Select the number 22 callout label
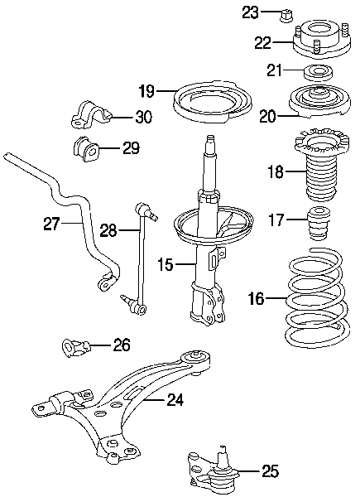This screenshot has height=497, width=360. tap(263, 42)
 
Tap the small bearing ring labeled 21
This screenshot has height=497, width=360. tap(318, 74)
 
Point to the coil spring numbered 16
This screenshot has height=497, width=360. tap(318, 298)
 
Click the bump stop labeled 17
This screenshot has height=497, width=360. tap(319, 223)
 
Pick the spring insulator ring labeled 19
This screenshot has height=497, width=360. tap(213, 102)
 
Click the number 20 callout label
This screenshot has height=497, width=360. tap(268, 117)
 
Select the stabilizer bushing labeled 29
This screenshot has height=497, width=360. tap(86, 148)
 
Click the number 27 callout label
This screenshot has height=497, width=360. tap(52, 224)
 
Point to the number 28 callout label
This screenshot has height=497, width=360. tap(108, 230)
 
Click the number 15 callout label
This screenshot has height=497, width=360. tap(166, 264)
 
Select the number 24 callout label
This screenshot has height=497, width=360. tap(175, 401)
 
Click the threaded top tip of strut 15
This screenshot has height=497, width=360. tap(209, 139)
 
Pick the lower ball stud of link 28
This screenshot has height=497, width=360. tap(126, 300)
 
